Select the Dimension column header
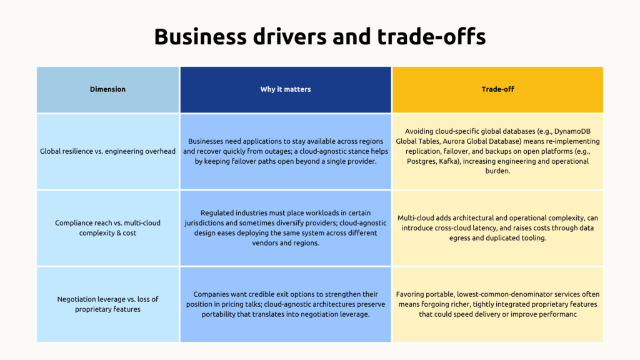[107, 89]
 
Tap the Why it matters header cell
[286, 89]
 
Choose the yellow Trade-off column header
[497, 89]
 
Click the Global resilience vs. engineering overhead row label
[107, 151]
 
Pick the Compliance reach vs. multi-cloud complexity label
[107, 227]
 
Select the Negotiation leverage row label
[107, 304]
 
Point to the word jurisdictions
[207, 222]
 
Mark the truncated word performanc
[554, 314]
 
